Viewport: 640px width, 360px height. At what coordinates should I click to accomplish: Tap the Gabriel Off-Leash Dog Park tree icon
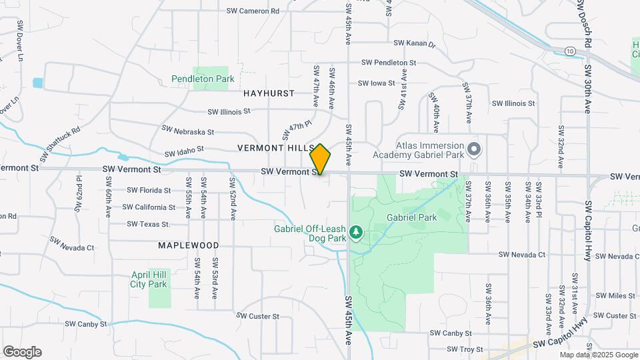coord(357,231)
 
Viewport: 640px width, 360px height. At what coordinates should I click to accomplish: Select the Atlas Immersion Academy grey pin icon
coord(473,149)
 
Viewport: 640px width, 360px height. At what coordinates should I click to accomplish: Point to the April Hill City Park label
coord(149,279)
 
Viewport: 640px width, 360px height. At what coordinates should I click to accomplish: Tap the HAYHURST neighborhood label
coord(269,93)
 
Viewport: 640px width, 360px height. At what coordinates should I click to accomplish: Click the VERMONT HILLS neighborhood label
coord(275,147)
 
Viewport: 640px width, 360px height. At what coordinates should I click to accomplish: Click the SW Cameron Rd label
coord(253,11)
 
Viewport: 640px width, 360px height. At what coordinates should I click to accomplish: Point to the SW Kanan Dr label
coord(414,43)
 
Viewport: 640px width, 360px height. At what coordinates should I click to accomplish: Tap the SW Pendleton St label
coord(389,62)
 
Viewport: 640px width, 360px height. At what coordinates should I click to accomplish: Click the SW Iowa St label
coord(377,83)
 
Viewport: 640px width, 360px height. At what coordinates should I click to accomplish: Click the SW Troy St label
coord(465,349)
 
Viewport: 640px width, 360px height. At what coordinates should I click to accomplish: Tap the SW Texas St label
coord(149,224)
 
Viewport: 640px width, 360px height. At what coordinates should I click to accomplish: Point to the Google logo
coord(22,352)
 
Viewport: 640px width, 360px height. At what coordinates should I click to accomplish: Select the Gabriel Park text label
coord(411,217)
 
